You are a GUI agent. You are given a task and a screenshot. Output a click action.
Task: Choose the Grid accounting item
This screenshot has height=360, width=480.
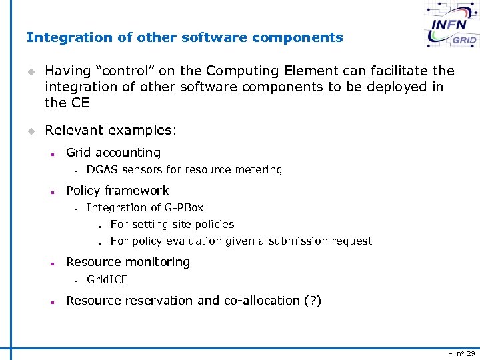(113, 153)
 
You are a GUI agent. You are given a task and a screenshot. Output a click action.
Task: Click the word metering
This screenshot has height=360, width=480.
(258, 170)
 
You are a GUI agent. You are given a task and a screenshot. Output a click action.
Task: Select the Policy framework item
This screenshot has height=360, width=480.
(117, 191)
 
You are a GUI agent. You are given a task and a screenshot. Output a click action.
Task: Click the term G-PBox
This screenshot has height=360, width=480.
(183, 208)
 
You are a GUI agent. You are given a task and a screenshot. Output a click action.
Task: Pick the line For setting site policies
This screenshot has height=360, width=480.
(172, 225)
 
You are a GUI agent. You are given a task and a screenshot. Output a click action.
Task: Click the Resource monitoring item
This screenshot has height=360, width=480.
(128, 262)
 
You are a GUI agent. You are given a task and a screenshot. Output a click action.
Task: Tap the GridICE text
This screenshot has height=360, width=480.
(107, 280)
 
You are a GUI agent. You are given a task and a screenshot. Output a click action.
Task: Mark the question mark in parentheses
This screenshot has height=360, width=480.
(312, 301)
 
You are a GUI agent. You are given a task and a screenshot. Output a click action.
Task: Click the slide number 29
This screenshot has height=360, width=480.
(470, 353)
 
